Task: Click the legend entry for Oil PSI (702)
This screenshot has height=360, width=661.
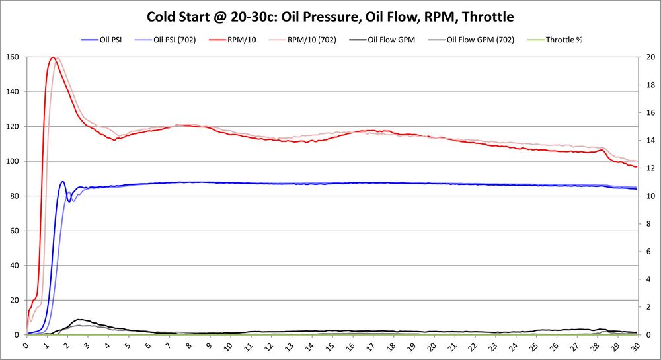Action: [175, 40]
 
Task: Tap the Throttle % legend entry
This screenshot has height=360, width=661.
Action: [564, 40]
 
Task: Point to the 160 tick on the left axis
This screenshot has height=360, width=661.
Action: [13, 57]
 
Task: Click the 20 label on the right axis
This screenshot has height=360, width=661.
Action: [650, 57]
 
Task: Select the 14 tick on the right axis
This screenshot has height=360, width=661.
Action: [650, 140]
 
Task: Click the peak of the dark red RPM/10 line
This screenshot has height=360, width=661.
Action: [52, 57]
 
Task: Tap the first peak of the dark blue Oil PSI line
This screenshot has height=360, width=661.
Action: [63, 182]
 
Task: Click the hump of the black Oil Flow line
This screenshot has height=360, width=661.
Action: [80, 320]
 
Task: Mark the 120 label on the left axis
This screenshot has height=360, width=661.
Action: [13, 127]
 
